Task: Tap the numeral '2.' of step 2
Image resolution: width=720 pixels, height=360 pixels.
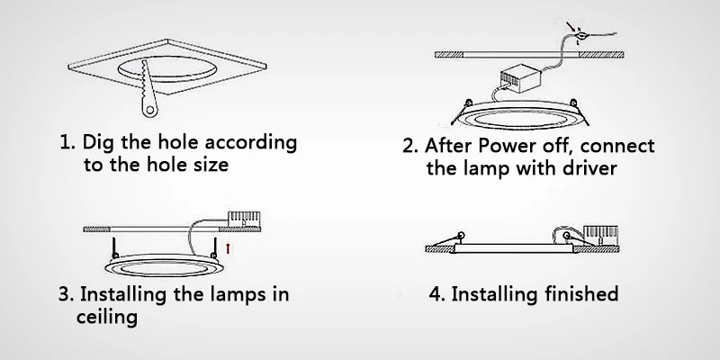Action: click(x=411, y=146)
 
